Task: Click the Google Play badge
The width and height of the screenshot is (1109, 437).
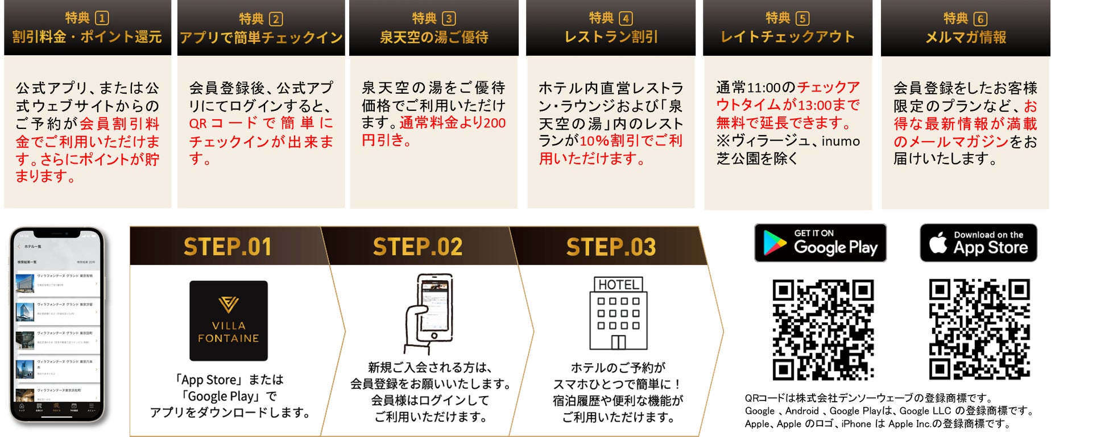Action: (820, 243)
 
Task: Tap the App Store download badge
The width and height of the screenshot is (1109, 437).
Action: (978, 243)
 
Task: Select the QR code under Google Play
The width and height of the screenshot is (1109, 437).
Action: (823, 330)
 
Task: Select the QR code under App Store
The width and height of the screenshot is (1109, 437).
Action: (979, 330)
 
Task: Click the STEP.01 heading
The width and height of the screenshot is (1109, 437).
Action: (227, 247)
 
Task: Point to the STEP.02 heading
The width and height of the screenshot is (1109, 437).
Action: (417, 247)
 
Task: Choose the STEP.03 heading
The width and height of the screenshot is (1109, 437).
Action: (611, 247)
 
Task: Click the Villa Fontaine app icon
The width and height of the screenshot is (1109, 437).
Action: (229, 321)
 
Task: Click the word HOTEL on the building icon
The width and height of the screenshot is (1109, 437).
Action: (618, 285)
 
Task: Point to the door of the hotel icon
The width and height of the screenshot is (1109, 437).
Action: (618, 342)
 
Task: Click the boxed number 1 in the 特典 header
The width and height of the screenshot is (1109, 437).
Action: (102, 18)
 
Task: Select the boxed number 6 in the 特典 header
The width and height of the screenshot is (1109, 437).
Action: (980, 19)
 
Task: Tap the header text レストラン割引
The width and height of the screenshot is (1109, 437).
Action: (611, 38)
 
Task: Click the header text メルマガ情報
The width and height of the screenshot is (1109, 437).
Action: (966, 38)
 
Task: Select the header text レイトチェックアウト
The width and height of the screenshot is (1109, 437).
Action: (788, 38)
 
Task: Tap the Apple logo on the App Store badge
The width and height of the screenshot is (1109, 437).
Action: (938, 243)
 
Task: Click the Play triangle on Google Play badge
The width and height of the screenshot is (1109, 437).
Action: (774, 243)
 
